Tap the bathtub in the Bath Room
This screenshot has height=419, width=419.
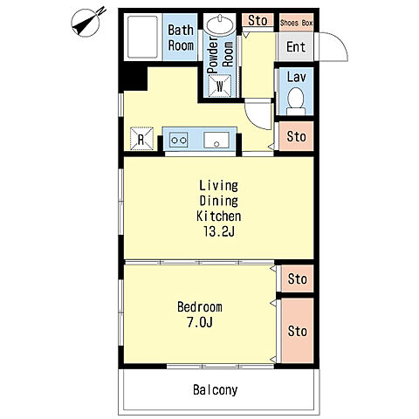[x=142, y=37]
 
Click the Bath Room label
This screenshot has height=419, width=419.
[x=181, y=38]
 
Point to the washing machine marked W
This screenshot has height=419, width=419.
[x=220, y=86]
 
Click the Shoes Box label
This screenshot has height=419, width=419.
[x=296, y=23]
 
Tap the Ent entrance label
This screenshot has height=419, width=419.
[x=296, y=46]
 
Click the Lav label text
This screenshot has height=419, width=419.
[x=297, y=77]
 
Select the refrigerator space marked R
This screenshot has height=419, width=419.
[x=141, y=139]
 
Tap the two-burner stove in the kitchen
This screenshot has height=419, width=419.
[x=178, y=141]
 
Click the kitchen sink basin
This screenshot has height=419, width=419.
[x=216, y=140]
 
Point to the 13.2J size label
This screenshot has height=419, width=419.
[x=219, y=232]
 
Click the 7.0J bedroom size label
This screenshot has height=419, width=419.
[x=200, y=322]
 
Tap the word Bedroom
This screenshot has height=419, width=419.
[x=200, y=307]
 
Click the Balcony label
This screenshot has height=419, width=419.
[x=216, y=390]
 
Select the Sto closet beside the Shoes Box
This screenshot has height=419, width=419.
[x=258, y=20]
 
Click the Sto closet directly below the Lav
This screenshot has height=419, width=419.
[x=296, y=136]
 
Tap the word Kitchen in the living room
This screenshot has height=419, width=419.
[x=219, y=216]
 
